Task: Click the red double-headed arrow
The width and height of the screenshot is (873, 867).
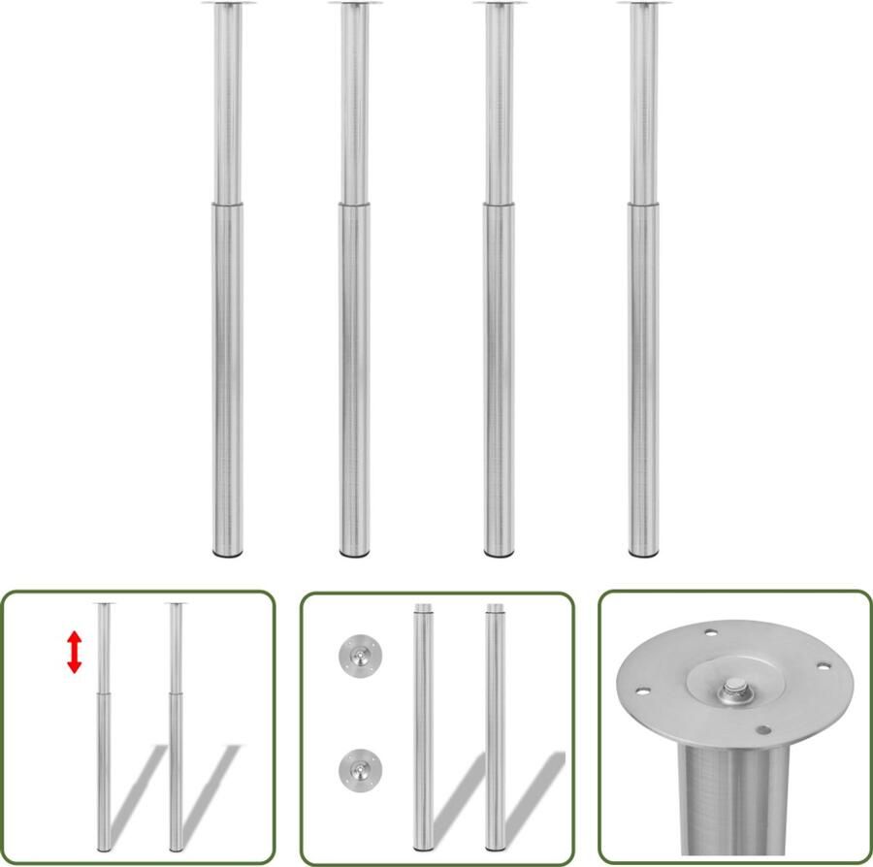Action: pyautogui.click(x=75, y=653)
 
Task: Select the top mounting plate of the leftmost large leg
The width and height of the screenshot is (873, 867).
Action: pyautogui.click(x=227, y=4)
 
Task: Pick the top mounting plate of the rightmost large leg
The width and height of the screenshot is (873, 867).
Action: pyautogui.click(x=641, y=4)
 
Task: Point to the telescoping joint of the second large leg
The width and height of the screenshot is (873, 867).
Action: pyautogui.click(x=354, y=204)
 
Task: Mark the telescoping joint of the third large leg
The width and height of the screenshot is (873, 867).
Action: pyautogui.click(x=499, y=204)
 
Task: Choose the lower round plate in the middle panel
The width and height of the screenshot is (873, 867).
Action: pyautogui.click(x=355, y=771)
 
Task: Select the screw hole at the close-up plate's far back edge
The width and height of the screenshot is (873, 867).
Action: pyautogui.click(x=709, y=633)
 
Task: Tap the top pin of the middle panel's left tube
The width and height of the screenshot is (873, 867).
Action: pyautogui.click(x=423, y=609)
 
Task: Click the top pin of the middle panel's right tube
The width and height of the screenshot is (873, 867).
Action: pyautogui.click(x=495, y=609)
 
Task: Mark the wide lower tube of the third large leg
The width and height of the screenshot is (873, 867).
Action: pyautogui.click(x=499, y=378)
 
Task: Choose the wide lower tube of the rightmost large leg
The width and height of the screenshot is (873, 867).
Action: pyautogui.click(x=642, y=378)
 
